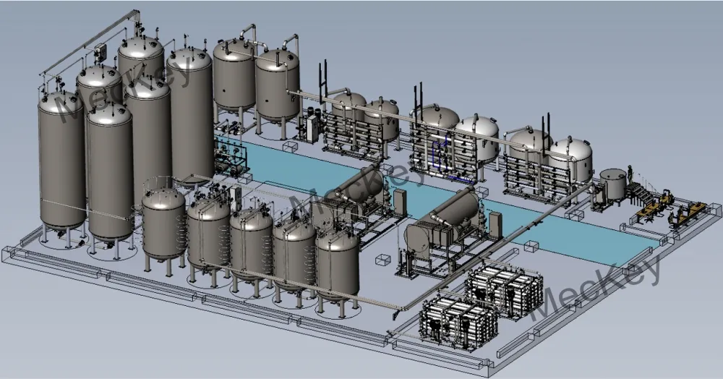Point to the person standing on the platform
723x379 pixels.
tap(630, 174)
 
